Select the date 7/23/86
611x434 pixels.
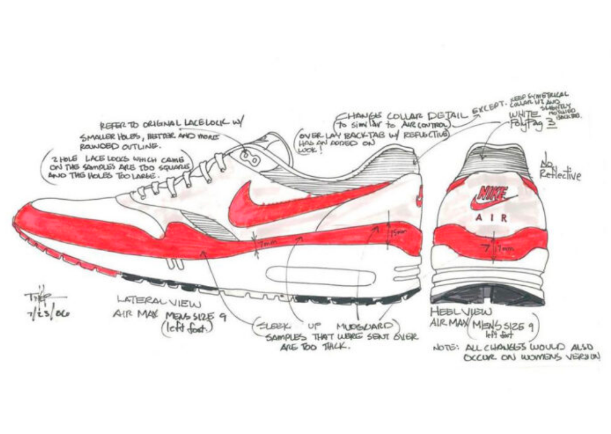(x=49, y=312)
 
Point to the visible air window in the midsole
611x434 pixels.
(x=321, y=276)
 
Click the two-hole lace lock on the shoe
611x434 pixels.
(x=251, y=158)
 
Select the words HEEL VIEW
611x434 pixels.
(x=455, y=311)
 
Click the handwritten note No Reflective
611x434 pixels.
(x=560, y=171)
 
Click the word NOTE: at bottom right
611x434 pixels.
(x=445, y=348)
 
